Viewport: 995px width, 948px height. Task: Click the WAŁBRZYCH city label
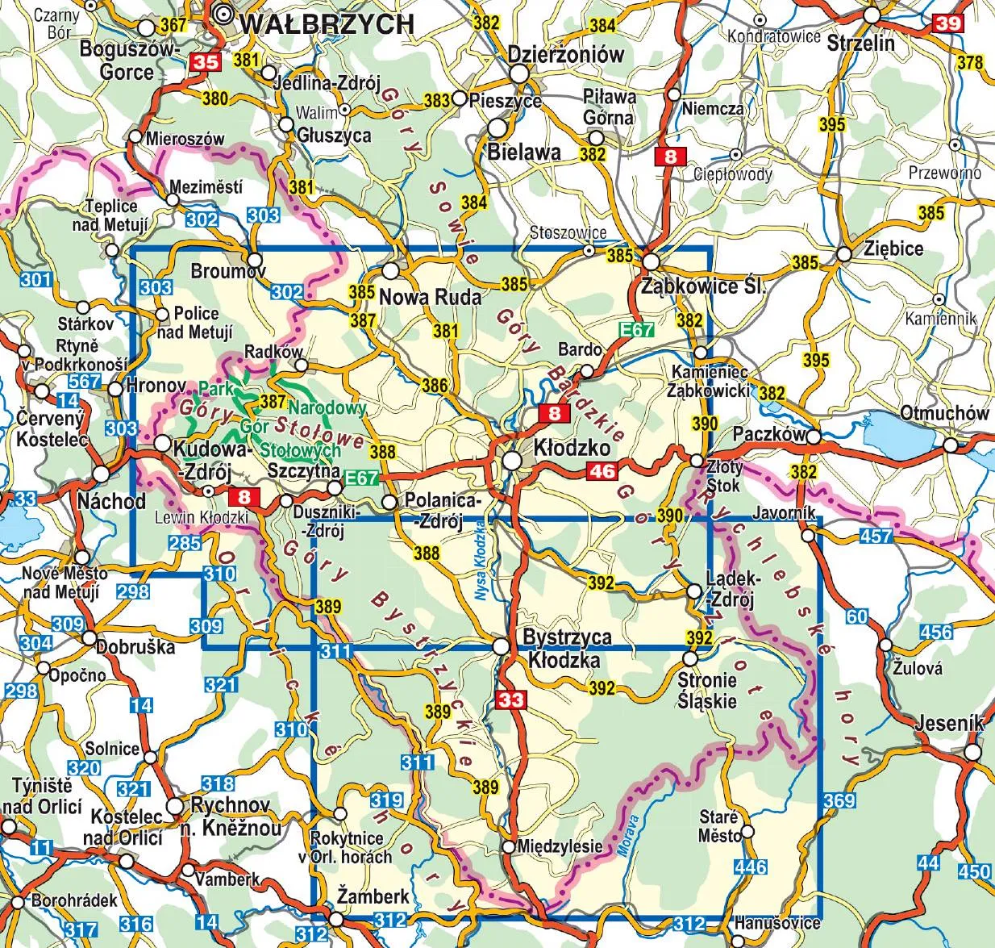point(327,23)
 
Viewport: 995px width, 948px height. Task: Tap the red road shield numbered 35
point(205,62)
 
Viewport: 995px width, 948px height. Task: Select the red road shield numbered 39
point(948,24)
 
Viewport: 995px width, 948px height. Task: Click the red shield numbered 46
point(603,471)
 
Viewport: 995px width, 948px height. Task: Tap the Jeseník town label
point(949,723)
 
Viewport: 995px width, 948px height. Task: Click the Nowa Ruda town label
point(430,296)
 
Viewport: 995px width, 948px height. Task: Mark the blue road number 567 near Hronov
point(85,382)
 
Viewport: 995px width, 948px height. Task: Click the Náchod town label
point(111,500)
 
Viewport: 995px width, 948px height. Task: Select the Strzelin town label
point(860,42)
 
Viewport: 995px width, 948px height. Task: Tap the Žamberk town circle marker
point(336,918)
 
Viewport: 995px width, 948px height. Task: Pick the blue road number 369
point(839,800)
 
